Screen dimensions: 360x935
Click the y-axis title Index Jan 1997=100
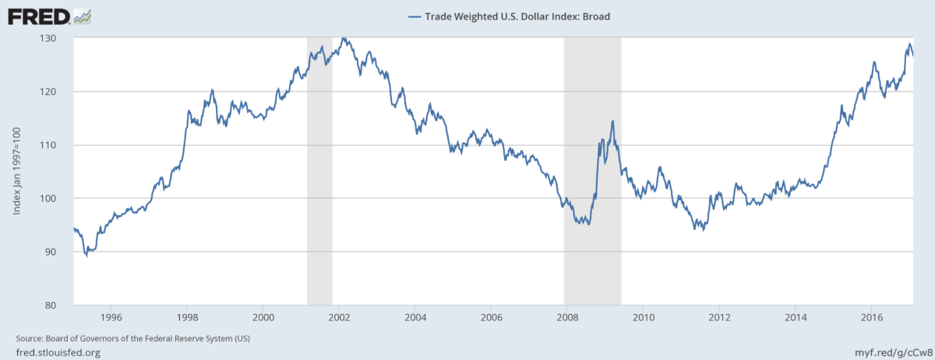pyautogui.click(x=17, y=171)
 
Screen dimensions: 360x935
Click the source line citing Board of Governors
pyautogui.click(x=132, y=338)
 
